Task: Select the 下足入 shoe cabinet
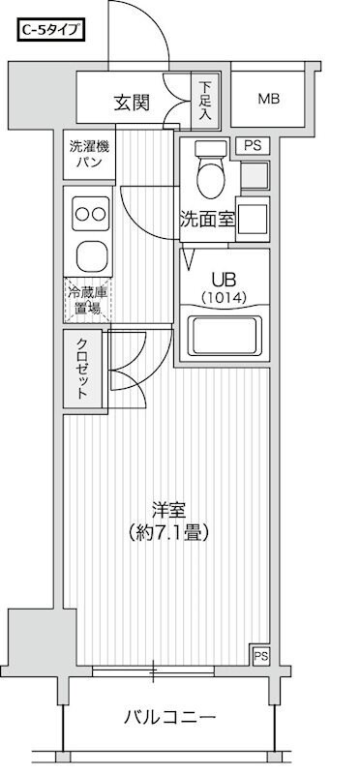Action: [x=204, y=101]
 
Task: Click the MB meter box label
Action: [x=268, y=99]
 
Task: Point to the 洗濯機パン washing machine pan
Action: [x=89, y=155]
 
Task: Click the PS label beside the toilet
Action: [x=253, y=146]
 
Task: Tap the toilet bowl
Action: [x=208, y=174]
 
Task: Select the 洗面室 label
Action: [x=207, y=219]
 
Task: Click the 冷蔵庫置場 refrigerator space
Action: [x=88, y=301]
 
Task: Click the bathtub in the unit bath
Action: [x=224, y=336]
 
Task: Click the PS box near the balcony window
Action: [x=259, y=656]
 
